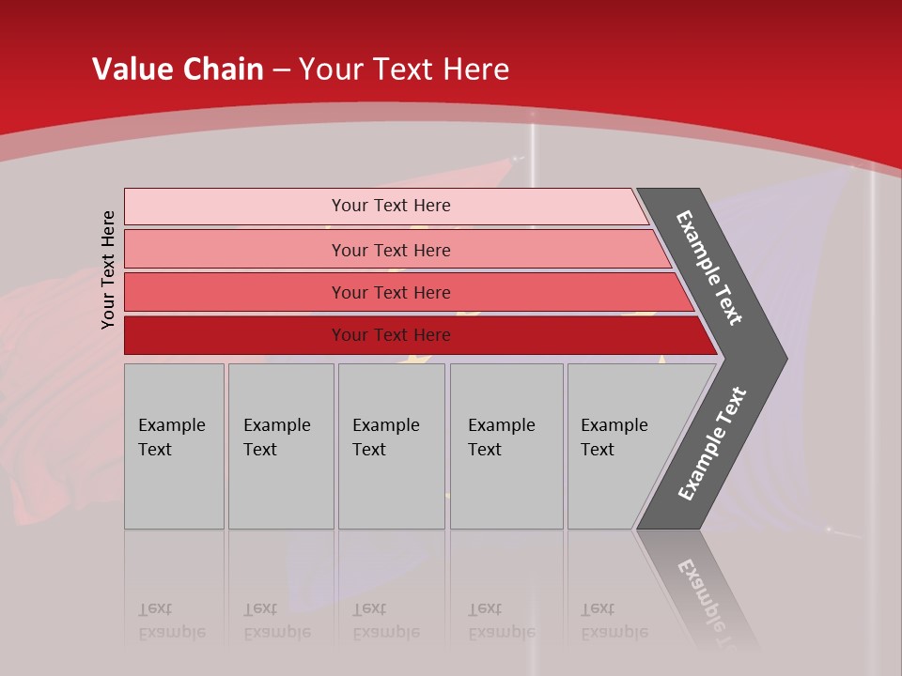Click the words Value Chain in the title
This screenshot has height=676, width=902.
178,69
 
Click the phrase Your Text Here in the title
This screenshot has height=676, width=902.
404,69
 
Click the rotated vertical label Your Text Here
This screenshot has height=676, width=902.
108,269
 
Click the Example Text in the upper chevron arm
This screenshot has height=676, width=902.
710,268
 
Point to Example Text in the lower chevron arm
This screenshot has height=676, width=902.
712,444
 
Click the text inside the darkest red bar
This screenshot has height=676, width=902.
391,335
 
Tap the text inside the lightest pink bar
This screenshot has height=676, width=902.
391,206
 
